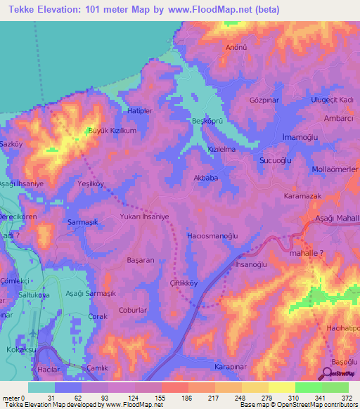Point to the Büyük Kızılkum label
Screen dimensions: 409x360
point(111,131)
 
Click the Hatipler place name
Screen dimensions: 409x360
point(140,111)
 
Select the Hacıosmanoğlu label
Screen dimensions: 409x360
point(216,236)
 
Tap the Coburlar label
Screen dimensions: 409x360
point(133,309)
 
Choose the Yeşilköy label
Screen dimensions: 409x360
point(91,183)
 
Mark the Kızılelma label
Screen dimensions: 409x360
point(221,149)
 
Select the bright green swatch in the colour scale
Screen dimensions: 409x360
point(309,387)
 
